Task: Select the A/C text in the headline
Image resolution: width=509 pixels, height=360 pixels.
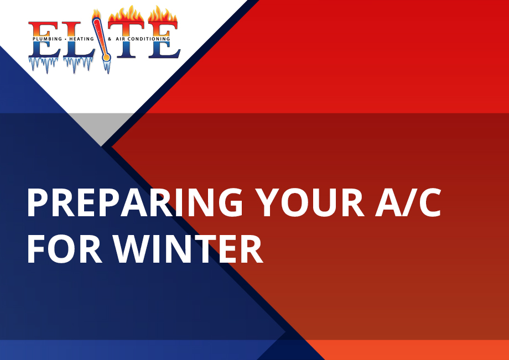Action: click(x=408, y=203)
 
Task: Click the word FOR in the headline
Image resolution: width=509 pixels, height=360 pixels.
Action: click(x=65, y=249)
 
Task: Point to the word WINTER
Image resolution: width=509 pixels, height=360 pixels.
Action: click(x=188, y=249)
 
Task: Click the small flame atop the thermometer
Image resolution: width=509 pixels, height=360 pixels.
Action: click(x=96, y=14)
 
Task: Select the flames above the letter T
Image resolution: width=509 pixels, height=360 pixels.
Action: click(x=126, y=15)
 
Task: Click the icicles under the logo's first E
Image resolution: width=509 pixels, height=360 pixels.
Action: click(x=44, y=65)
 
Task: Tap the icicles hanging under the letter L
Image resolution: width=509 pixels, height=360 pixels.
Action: click(x=78, y=65)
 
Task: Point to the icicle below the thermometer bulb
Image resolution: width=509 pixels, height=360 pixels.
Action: click(x=107, y=67)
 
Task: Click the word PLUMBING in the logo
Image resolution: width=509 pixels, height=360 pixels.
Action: click(x=48, y=39)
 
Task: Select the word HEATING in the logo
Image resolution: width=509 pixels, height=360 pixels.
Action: click(x=81, y=39)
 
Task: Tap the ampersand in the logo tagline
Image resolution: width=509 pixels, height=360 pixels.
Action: click(x=110, y=39)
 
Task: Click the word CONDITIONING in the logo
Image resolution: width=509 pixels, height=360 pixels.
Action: click(x=149, y=39)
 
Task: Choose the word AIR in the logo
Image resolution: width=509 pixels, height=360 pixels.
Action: click(x=121, y=39)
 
